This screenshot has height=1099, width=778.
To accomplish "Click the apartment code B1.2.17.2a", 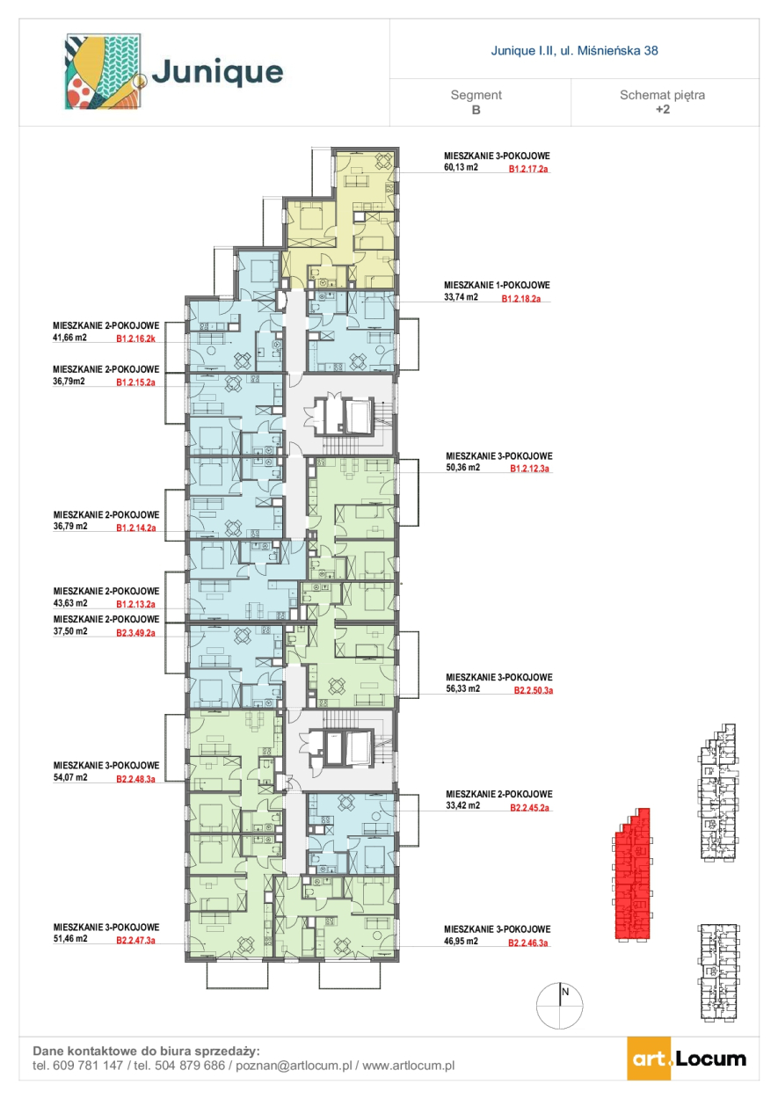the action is click(528, 169).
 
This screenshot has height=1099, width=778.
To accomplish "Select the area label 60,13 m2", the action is click(461, 167).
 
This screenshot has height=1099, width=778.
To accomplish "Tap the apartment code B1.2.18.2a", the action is click(521, 299).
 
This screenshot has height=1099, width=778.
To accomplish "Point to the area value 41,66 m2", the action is click(69, 338).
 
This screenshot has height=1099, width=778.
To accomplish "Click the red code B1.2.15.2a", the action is click(136, 382).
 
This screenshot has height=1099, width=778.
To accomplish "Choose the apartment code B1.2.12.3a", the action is click(530, 469).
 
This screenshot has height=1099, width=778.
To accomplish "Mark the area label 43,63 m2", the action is click(70, 603).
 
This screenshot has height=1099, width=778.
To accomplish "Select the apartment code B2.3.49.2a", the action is click(136, 633).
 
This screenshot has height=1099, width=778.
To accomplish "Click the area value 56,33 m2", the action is click(462, 688).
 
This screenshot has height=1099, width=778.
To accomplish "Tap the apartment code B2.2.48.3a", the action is click(136, 779).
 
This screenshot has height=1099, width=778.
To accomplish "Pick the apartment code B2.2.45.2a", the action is click(530, 808).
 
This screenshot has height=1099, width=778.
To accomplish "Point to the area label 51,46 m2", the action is click(70, 939).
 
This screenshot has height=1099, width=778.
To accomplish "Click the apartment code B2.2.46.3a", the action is click(528, 943).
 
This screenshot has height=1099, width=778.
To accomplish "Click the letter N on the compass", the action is click(565, 992).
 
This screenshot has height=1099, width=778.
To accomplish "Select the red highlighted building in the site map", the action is click(633, 874).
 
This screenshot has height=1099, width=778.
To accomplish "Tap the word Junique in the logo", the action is click(218, 72).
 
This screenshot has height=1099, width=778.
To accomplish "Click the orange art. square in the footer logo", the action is click(649, 1059).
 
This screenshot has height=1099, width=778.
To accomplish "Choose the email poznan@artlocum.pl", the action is click(294, 1066).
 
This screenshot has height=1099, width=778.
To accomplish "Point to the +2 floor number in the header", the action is click(663, 109).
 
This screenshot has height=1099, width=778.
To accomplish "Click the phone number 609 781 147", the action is click(87, 1066).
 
